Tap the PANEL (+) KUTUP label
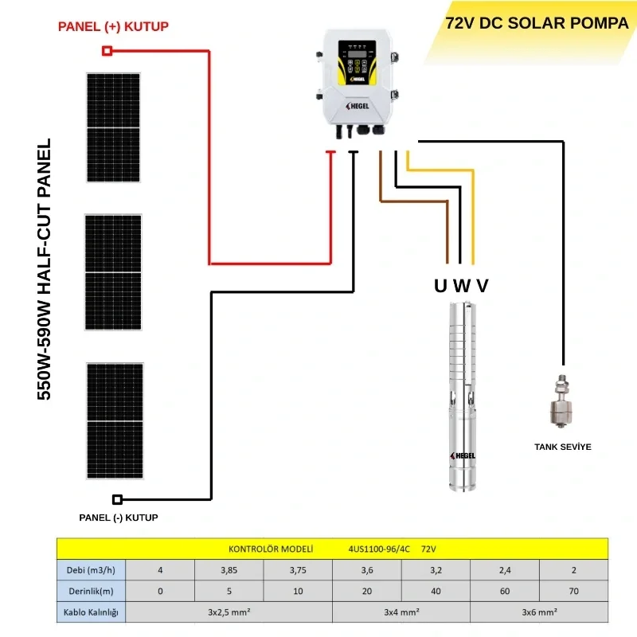(113, 27)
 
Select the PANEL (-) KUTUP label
(119, 518)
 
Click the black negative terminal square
(118, 499)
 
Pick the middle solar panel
(113, 272)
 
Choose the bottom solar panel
(115, 420)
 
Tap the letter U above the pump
(440, 286)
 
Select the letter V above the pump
(483, 286)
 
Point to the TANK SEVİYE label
(562, 447)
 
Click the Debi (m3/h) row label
(92, 570)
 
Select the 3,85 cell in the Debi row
(229, 570)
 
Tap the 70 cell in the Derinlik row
(573, 592)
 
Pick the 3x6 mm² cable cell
(539, 612)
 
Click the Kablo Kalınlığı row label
(92, 612)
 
